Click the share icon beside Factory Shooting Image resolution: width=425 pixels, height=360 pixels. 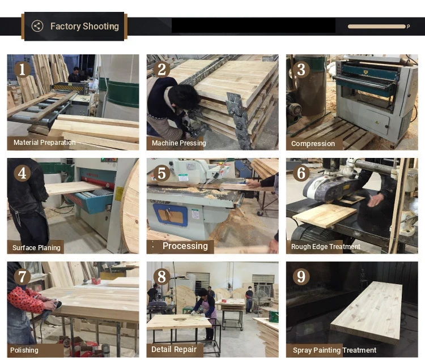(x=37, y=26)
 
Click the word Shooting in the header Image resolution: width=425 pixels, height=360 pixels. (x=100, y=26)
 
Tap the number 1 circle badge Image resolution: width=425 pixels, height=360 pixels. (x=22, y=69)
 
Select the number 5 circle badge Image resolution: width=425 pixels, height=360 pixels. (x=162, y=173)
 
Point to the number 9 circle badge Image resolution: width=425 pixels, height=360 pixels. (x=301, y=277)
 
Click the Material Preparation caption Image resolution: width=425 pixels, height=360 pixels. (x=44, y=143)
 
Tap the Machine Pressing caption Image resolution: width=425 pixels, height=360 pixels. (x=179, y=143)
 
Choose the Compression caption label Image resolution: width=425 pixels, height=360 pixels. (x=313, y=143)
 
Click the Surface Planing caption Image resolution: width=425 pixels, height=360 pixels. (x=36, y=248)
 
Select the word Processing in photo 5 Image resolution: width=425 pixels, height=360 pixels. (x=185, y=246)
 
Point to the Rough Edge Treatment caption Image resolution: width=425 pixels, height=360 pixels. (x=325, y=247)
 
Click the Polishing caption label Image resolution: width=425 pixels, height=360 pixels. (x=24, y=350)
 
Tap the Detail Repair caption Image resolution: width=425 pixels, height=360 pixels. (x=174, y=349)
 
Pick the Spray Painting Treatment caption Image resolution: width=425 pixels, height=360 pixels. (x=334, y=350)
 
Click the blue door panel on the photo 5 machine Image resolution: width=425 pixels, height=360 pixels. (x=170, y=215)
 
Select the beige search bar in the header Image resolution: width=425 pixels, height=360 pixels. (x=377, y=27)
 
